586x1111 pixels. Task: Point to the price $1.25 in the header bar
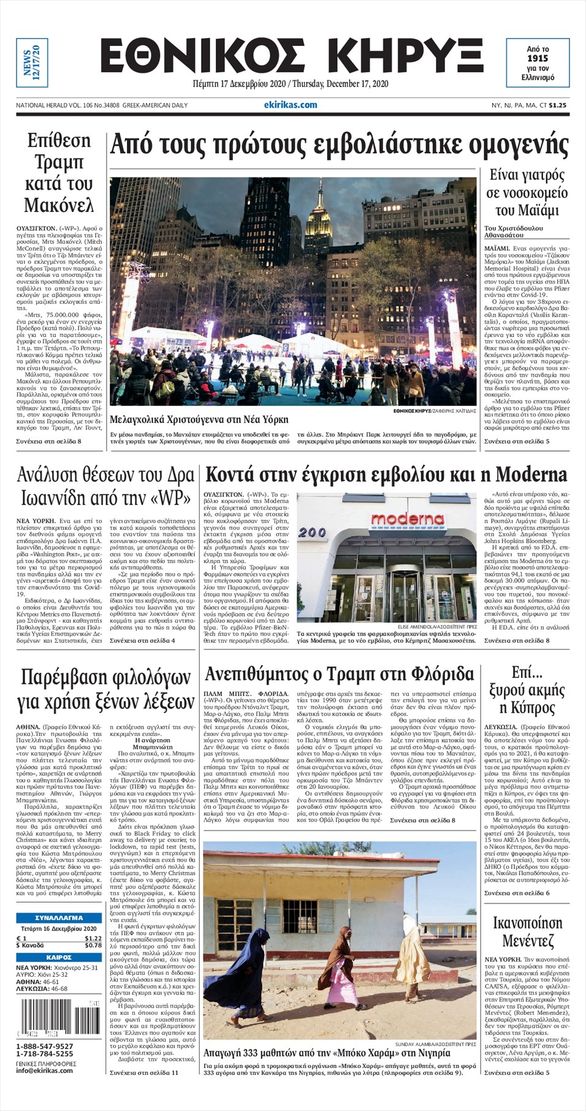558,105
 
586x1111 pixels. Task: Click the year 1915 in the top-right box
538,58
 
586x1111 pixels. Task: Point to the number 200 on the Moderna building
313,533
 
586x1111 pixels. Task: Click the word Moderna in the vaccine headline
531,474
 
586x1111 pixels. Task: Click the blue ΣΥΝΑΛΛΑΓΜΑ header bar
59,918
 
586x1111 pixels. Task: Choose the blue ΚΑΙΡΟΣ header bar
59,957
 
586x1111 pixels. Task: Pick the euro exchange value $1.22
93,938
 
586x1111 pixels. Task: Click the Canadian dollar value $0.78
93,946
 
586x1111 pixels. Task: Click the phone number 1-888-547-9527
45,1046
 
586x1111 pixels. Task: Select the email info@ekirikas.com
44,1070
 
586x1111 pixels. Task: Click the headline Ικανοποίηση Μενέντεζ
527,931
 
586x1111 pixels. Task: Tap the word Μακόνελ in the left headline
59,205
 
